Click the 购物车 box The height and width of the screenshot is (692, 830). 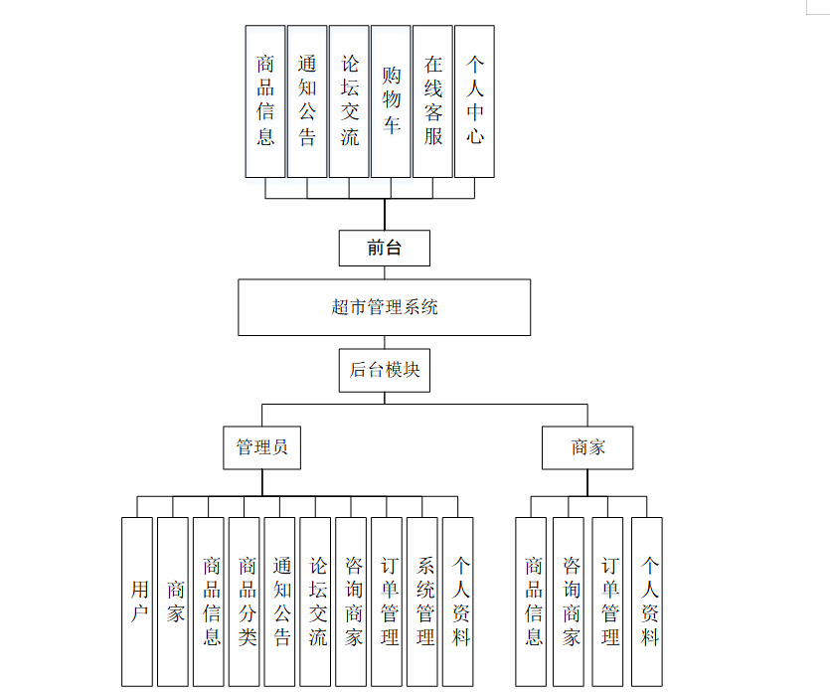[391, 101]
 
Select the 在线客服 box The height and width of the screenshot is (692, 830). [432, 101]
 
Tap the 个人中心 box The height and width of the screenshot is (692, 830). [474, 101]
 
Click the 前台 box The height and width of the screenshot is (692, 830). [384, 248]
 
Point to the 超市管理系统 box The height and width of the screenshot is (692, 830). [384, 307]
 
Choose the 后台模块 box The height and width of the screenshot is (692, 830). [384, 370]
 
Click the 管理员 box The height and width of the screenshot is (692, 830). [261, 447]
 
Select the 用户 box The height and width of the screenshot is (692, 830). [138, 602]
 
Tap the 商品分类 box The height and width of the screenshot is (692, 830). [247, 602]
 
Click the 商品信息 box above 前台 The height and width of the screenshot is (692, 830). [265, 101]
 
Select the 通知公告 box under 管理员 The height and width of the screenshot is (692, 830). [281, 602]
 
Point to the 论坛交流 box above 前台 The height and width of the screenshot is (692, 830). [349, 101]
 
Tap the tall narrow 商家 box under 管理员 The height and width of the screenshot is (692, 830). [174, 602]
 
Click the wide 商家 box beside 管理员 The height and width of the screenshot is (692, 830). [587, 447]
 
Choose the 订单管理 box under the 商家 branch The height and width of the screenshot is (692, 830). [609, 602]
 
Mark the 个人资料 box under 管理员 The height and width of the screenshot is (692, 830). [458, 602]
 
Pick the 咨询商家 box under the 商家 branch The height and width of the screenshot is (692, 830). [570, 602]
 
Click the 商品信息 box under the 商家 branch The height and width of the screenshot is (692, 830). [533, 602]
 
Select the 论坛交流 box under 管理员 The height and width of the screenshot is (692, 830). [316, 602]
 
